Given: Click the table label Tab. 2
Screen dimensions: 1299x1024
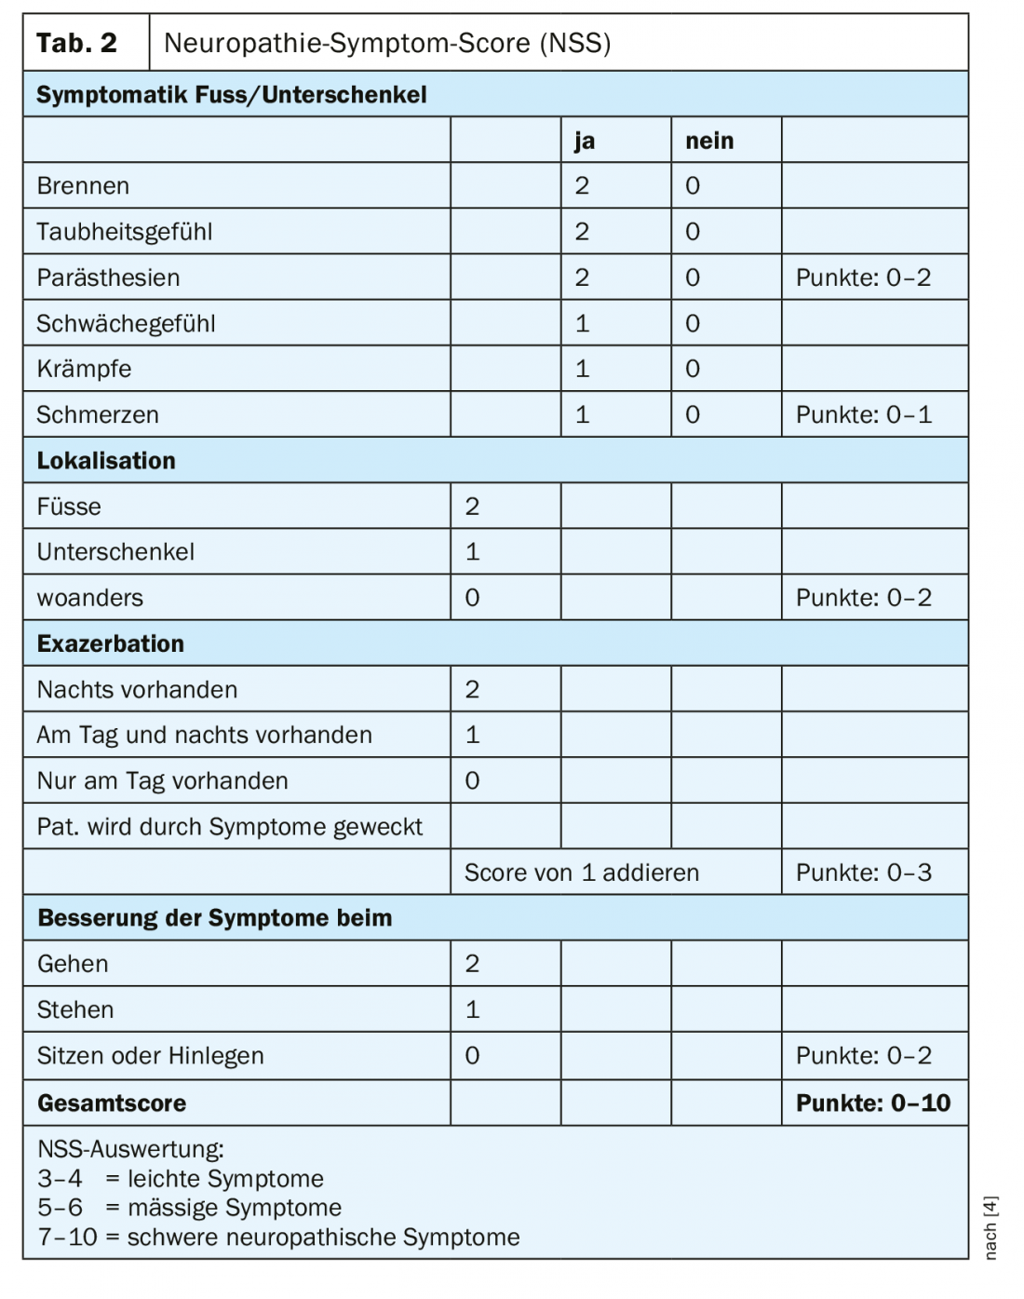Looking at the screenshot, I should point(76,43).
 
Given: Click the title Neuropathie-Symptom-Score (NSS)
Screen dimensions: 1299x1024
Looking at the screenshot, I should point(387,43).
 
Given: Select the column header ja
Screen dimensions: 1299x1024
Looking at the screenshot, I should point(585,141).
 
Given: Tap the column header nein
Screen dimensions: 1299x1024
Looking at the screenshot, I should point(709,141).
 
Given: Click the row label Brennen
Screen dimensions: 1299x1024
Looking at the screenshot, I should point(83,186).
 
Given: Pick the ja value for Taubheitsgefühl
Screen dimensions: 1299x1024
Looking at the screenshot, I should point(583,232).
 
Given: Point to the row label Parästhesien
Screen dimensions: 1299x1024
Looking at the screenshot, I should point(108,277).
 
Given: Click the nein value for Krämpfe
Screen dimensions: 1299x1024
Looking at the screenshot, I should point(693,369).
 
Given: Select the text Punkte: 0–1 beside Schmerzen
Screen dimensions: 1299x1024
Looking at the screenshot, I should point(863,414).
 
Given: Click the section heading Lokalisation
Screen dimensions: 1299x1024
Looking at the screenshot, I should point(106,461).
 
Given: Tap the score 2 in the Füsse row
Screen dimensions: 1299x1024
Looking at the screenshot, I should point(473,507).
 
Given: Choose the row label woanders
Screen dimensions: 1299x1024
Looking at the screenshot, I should point(90,598).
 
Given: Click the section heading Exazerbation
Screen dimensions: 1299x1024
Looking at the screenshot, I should point(111,643).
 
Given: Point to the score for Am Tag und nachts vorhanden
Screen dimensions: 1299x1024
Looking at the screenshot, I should point(473,735).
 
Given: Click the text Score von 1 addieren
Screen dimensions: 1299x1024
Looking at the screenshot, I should point(582,873).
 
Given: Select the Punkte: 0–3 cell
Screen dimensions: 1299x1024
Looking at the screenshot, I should point(863,873).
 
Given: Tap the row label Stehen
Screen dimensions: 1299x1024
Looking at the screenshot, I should point(75,1009).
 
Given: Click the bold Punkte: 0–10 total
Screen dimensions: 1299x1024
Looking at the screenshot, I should point(873,1103).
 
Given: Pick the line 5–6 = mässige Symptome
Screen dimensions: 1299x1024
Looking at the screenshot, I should point(190,1208).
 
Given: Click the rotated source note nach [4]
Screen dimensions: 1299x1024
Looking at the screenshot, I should point(990,1227).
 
